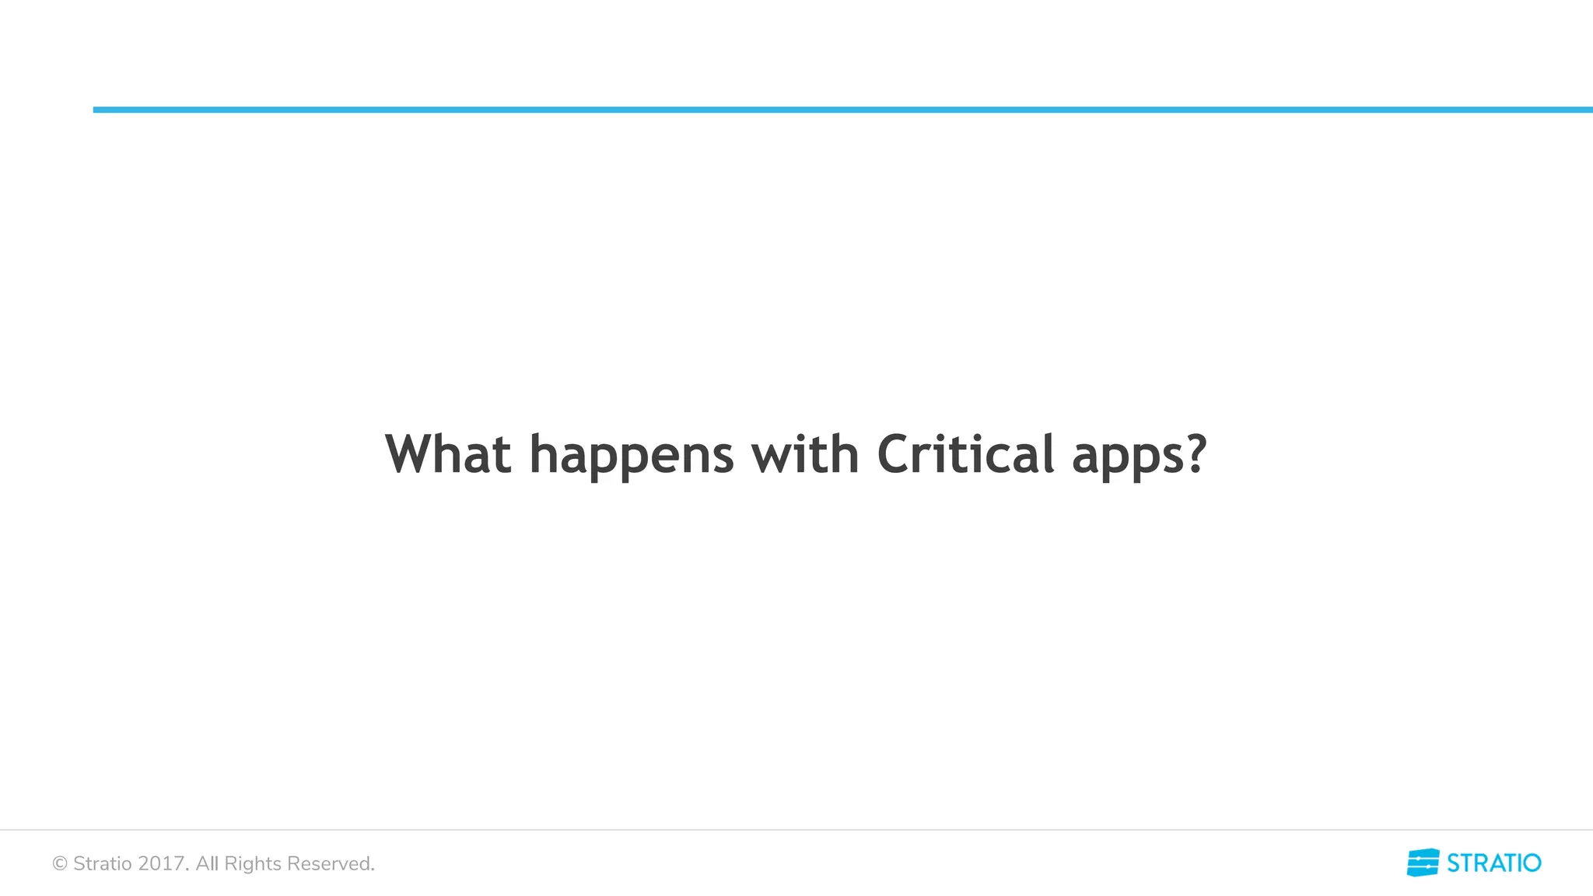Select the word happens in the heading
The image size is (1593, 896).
tap(631, 456)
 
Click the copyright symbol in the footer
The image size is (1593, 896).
tap(60, 863)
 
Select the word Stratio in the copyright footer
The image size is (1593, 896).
tap(103, 863)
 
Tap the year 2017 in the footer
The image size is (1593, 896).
tap(162, 863)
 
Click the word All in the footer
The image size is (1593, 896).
tap(207, 863)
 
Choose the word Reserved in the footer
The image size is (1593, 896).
tap(330, 863)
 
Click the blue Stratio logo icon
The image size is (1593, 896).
tap(1423, 863)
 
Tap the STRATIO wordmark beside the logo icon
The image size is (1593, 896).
tap(1493, 863)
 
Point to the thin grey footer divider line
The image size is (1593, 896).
tap(796, 830)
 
